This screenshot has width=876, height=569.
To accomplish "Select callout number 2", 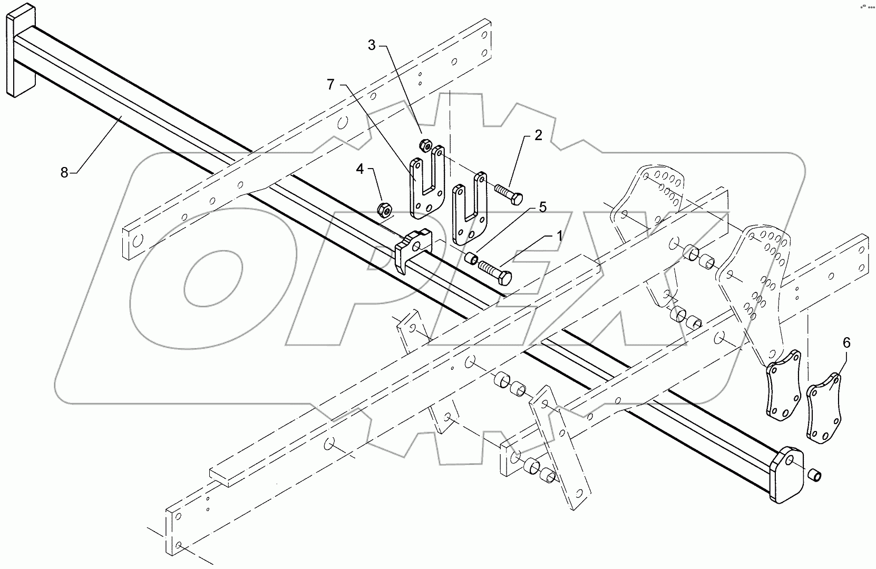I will tap(538, 135).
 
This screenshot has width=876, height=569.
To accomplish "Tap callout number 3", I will tap(372, 45).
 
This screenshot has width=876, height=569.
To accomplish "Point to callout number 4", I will tap(360, 169).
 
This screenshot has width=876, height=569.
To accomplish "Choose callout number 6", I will tap(846, 342).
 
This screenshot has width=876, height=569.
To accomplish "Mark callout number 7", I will tap(330, 84).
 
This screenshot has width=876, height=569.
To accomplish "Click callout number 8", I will tap(64, 172).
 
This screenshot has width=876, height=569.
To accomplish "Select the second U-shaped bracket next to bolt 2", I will tap(470, 208).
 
